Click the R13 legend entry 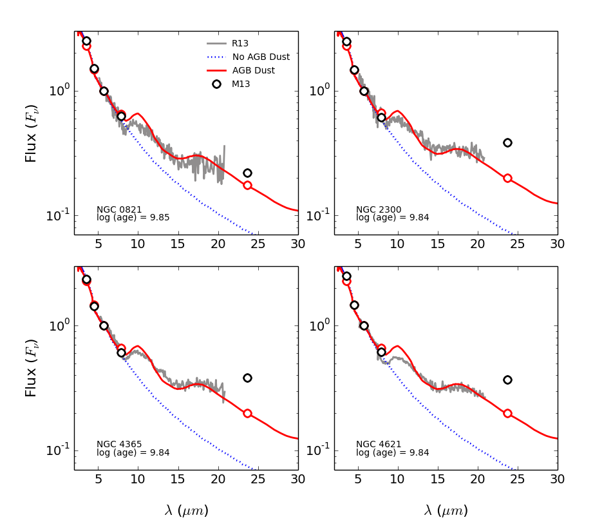click(240, 43)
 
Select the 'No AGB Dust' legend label click(261, 57)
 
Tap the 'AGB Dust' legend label click(254, 70)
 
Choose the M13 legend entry click(241, 84)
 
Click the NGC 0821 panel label click(119, 209)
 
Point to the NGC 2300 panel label click(379, 209)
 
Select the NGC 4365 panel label click(119, 444)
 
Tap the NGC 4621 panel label click(379, 444)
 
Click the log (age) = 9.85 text click(133, 218)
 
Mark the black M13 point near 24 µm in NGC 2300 click(507, 142)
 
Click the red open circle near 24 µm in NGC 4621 click(507, 413)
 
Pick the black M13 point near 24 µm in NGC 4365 click(247, 378)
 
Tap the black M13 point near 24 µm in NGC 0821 click(247, 173)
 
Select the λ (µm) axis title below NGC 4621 click(446, 510)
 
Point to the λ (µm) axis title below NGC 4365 click(186, 510)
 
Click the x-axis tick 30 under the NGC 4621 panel click(558, 479)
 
